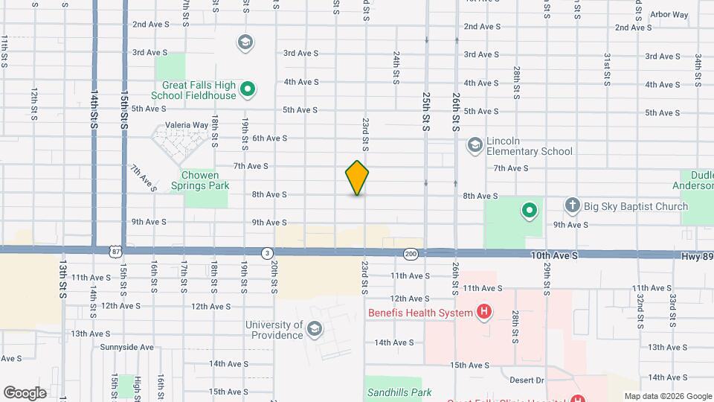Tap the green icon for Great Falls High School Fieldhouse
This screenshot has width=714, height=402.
click(248, 91)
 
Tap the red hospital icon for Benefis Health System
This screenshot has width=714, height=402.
click(484, 312)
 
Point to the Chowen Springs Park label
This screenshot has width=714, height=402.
click(200, 180)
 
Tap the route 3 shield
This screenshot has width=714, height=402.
click(266, 253)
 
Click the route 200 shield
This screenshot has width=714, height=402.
click(411, 254)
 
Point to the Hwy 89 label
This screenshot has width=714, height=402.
click(698, 255)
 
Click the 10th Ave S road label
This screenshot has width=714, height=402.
click(553, 255)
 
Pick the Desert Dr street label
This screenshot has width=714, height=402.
click(529, 380)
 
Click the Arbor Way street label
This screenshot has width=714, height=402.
click(669, 14)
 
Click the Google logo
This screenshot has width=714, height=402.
click(25, 392)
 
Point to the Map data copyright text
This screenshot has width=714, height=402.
click(667, 396)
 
